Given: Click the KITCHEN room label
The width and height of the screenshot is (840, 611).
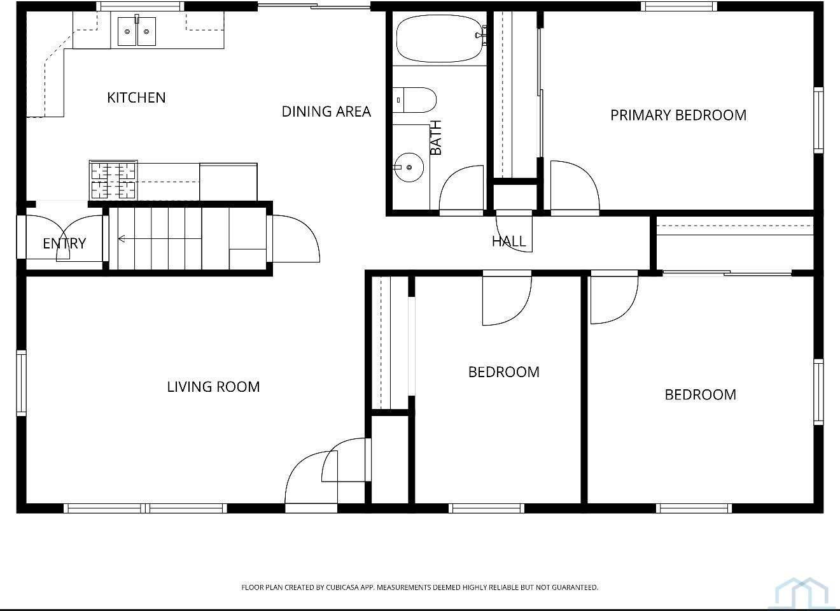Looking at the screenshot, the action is click(136, 97).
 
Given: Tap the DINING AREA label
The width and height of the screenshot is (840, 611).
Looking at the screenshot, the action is click(326, 111).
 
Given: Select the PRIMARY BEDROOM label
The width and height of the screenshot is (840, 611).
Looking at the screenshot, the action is click(678, 115).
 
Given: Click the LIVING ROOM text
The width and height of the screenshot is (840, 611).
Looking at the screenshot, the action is click(213, 387).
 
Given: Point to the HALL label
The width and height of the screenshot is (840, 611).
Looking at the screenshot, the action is click(509, 241).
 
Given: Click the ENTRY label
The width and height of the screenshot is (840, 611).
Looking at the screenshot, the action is click(64, 243).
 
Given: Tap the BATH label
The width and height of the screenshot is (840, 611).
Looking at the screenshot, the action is click(436, 138).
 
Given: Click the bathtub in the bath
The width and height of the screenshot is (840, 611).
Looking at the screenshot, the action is click(440, 38).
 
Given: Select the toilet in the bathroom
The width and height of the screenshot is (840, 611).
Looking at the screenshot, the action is click(414, 100).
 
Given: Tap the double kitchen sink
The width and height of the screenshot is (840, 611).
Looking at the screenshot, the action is click(136, 32).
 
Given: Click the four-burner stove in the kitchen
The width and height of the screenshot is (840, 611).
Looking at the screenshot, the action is click(113, 180).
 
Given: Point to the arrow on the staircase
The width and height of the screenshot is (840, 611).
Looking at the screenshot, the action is click(160, 238).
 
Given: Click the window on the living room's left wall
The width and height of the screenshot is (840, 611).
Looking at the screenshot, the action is click(22, 383).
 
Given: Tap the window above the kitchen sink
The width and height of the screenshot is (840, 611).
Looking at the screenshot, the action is click(140, 6).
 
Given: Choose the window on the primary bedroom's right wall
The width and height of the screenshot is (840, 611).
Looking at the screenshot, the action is click(818, 120).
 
